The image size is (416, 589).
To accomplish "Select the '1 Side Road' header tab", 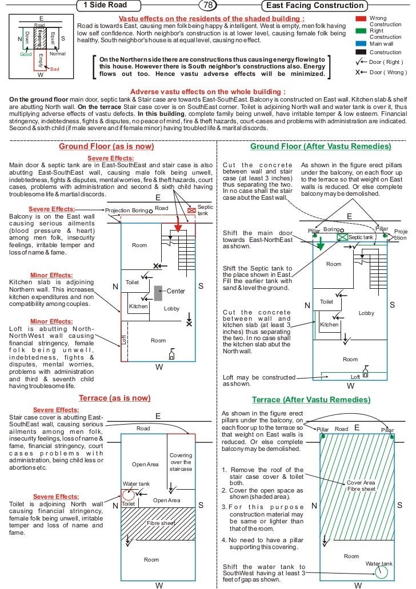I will click(105, 6).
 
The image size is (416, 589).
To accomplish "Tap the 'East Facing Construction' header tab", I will click(308, 6).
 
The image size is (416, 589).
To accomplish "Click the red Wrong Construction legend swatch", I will click(360, 19).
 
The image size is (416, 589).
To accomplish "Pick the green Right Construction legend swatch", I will click(360, 31).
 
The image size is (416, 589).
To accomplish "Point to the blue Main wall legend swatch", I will click(360, 43).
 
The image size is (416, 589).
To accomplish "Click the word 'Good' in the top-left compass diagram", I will click(26, 55).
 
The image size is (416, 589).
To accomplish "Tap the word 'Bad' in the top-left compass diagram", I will click(55, 68).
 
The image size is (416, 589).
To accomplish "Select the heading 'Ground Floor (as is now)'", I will click(107, 147).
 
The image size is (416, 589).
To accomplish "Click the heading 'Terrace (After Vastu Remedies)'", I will click(311, 400).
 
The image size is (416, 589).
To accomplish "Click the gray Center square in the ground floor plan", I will click(158, 292).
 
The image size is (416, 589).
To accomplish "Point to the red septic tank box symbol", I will click(191, 211).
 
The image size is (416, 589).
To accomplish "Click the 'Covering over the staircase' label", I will click(181, 462).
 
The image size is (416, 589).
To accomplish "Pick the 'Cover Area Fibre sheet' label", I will click(361, 486).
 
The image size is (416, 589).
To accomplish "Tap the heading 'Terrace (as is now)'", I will click(115, 398).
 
